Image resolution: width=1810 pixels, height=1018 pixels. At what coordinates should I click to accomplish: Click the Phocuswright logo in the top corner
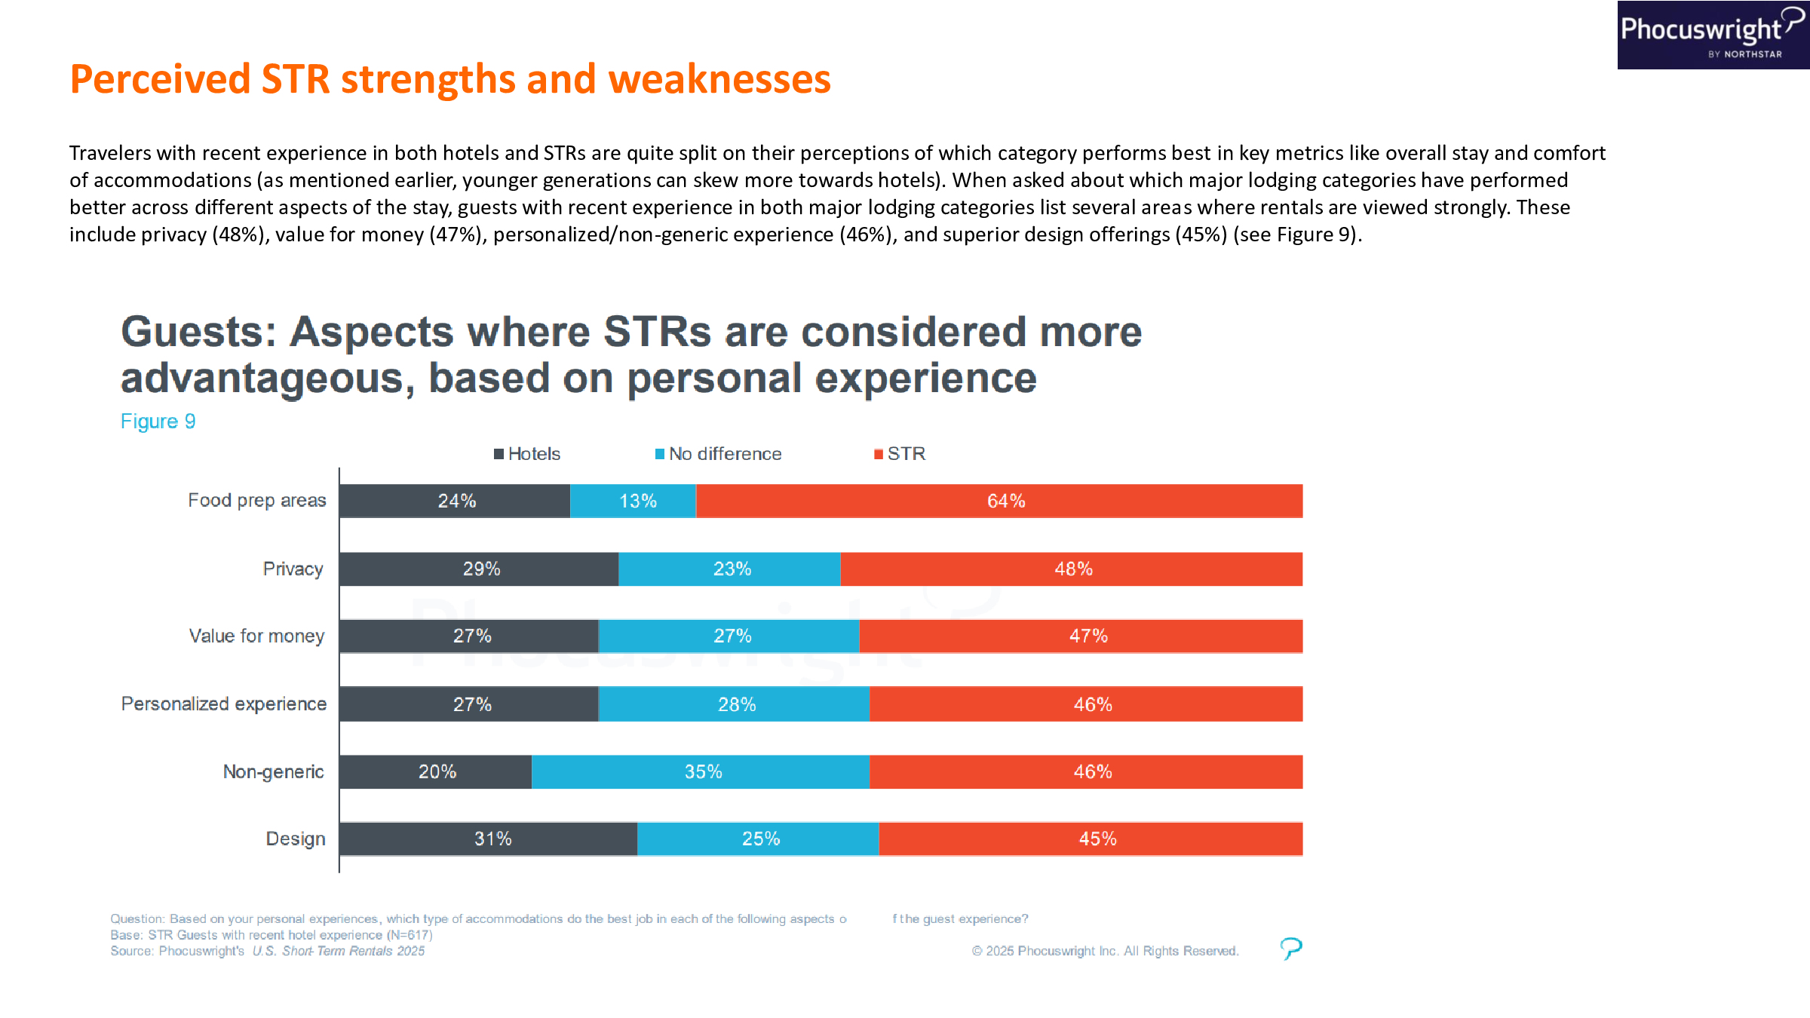[1712, 35]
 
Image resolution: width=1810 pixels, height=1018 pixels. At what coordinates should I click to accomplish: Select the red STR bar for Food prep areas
[999, 501]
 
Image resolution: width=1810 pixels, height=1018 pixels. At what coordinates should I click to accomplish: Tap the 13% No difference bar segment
[633, 501]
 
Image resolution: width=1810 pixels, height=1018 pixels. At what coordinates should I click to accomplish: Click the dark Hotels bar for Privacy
[479, 569]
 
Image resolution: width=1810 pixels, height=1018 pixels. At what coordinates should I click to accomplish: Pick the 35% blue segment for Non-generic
[701, 772]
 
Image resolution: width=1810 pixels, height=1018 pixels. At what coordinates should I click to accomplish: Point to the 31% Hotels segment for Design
[488, 839]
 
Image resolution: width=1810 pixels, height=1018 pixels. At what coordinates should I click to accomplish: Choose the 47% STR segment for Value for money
[1081, 636]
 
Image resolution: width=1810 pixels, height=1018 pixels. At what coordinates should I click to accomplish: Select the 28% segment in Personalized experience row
[734, 704]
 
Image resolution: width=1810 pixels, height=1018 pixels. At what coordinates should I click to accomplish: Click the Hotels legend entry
[527, 454]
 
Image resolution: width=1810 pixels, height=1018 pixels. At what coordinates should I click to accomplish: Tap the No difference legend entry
[718, 454]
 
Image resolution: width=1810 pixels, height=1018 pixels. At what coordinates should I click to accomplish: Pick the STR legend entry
[900, 454]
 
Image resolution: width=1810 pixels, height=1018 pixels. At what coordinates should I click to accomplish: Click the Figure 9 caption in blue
[158, 422]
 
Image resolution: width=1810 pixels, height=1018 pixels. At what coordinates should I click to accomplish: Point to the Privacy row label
[293, 569]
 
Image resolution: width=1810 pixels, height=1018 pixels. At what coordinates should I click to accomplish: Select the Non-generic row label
[273, 772]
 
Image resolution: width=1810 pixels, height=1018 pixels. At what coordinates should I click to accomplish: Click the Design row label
[295, 839]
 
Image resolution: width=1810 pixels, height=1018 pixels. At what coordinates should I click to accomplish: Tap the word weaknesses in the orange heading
[719, 79]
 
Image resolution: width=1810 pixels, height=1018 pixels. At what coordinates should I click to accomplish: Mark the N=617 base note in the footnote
[410, 935]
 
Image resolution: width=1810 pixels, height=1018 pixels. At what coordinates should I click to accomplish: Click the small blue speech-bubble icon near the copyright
[1291, 948]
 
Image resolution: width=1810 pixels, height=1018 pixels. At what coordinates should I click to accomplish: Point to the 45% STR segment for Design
[1091, 839]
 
